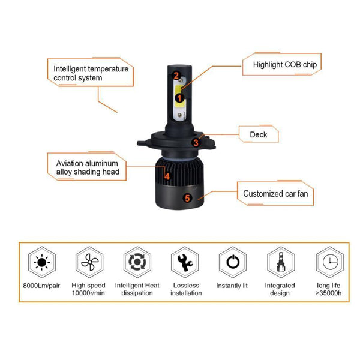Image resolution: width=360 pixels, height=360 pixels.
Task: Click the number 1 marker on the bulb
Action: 179,97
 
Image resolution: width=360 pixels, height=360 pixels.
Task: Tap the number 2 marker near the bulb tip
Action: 176,76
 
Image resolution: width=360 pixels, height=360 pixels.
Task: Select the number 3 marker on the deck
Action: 196,143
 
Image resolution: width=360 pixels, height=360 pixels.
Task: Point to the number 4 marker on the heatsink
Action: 167,176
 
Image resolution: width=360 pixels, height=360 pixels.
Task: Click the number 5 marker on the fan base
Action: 187,198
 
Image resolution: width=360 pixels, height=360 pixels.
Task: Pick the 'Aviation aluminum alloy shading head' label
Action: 88,167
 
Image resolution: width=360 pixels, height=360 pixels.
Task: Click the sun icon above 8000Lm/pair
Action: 41,262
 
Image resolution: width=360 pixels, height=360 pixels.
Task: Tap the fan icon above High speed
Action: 88,262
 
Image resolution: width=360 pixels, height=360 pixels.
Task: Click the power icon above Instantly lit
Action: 232,262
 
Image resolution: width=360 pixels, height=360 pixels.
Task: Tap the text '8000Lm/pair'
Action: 41,286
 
